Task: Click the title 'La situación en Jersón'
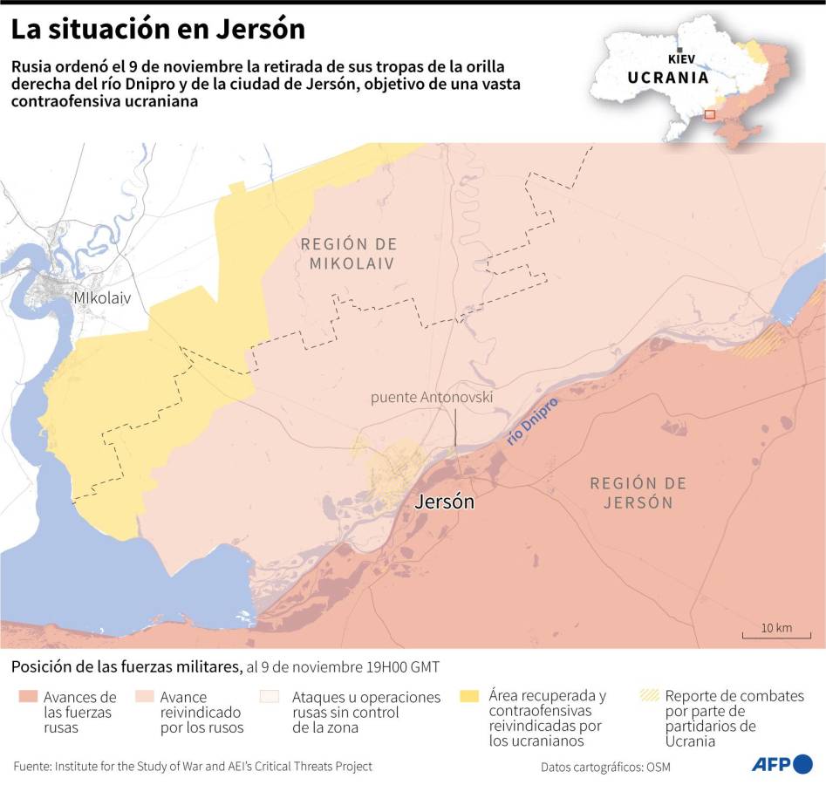[158, 30]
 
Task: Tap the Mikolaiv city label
[102, 297]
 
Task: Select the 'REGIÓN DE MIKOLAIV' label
[348, 254]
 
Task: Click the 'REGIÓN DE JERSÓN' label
[637, 493]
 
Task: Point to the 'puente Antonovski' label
[432, 398]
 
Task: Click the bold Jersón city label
[444, 502]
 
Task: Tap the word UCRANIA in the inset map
[668, 77]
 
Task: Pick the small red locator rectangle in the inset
[709, 114]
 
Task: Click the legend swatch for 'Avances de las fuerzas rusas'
[27, 697]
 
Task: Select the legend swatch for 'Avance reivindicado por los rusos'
[146, 697]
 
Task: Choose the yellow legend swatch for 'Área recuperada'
[469, 696]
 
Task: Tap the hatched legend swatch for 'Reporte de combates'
[649, 696]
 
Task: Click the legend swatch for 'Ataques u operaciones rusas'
[270, 697]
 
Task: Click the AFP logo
[782, 764]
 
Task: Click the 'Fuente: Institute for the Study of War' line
[193, 766]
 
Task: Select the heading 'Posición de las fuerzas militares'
[126, 667]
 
